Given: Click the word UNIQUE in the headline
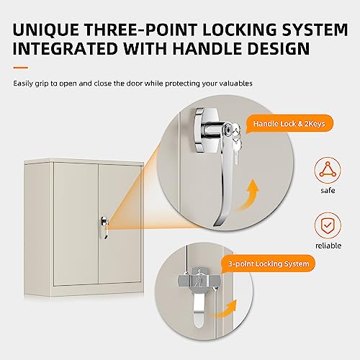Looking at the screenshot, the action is pos(46,30).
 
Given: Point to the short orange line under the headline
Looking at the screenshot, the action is pos(21,68).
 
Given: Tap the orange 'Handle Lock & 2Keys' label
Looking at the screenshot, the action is pos(289,124).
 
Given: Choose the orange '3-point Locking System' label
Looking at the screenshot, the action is pos(269,264).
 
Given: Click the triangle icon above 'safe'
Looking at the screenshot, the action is pos(328,170).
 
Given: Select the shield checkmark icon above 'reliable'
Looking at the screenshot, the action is pos(328,225).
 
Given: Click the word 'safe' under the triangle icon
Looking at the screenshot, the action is pos(328,191).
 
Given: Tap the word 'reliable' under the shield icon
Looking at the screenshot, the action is pos(328,246).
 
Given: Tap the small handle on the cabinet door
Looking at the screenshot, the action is pos(104,227).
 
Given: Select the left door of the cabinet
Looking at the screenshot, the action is pos(76,223).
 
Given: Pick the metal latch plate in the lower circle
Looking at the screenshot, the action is pos(199,279).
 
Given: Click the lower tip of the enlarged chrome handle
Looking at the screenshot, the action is pos(215,225).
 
